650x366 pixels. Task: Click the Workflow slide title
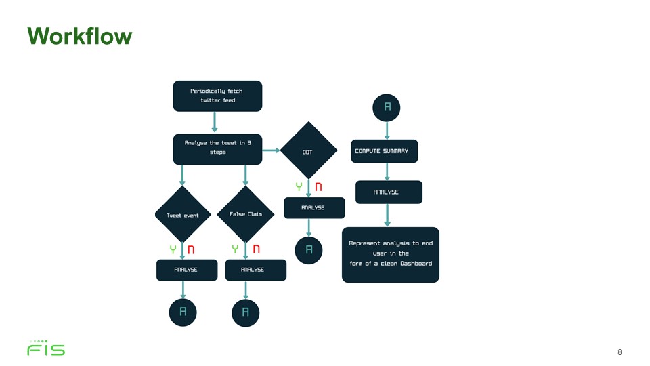pyautogui.click(x=80, y=36)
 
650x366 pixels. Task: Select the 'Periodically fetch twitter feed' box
pyautogui.click(x=217, y=96)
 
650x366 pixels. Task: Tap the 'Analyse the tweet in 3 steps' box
pyautogui.click(x=217, y=149)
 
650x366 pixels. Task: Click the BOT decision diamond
pyautogui.click(x=309, y=150)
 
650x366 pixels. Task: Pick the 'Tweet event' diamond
pyautogui.click(x=183, y=215)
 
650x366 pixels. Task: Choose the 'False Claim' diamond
pyautogui.click(x=245, y=214)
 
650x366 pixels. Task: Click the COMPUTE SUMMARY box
pyautogui.click(x=385, y=151)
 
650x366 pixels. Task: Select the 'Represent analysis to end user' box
pyautogui.click(x=391, y=255)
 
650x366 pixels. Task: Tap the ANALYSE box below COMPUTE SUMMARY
pyautogui.click(x=389, y=192)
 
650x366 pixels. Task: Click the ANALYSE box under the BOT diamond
pyautogui.click(x=314, y=207)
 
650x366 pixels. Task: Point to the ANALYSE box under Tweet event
pyautogui.click(x=187, y=270)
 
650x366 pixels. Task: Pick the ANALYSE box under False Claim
pyautogui.click(x=256, y=270)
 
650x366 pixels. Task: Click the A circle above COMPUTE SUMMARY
pyautogui.click(x=387, y=108)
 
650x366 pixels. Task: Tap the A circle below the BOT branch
pyautogui.click(x=309, y=250)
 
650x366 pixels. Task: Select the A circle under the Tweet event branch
pyautogui.click(x=183, y=312)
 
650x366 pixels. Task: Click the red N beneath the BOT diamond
pyautogui.click(x=318, y=187)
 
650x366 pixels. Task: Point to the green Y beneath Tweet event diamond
pyautogui.click(x=173, y=249)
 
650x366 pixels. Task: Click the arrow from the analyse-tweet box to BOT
pyautogui.click(x=271, y=150)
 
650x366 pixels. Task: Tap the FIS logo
pyautogui.click(x=46, y=348)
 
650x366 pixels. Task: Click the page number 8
pyautogui.click(x=620, y=352)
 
